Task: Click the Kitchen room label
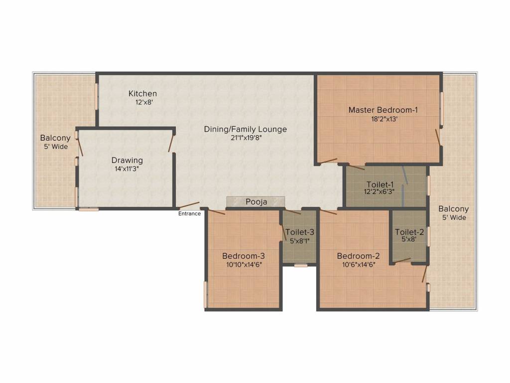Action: pyautogui.click(x=142, y=93)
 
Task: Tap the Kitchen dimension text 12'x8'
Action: pyautogui.click(x=142, y=102)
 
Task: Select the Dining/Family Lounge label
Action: pyautogui.click(x=245, y=129)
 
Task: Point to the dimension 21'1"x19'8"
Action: pyautogui.click(x=245, y=138)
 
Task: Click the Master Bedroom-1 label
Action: pyautogui.click(x=382, y=110)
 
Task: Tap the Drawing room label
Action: pyautogui.click(x=127, y=160)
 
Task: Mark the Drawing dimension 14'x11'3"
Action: pyautogui.click(x=127, y=169)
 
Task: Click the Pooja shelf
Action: pyautogui.click(x=256, y=201)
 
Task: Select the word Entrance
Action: pyautogui.click(x=190, y=214)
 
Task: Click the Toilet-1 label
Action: pyautogui.click(x=380, y=184)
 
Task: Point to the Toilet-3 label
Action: pyautogui.click(x=299, y=232)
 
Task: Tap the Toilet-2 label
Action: pyautogui.click(x=409, y=232)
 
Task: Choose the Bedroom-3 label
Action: pyautogui.click(x=243, y=256)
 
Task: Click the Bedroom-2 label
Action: pyautogui.click(x=358, y=256)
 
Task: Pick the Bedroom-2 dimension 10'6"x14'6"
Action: pyautogui.click(x=358, y=264)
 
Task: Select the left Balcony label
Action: pyautogui.click(x=55, y=138)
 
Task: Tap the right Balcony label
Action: pyautogui.click(x=453, y=209)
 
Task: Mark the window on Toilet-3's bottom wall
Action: pyautogui.click(x=300, y=265)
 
